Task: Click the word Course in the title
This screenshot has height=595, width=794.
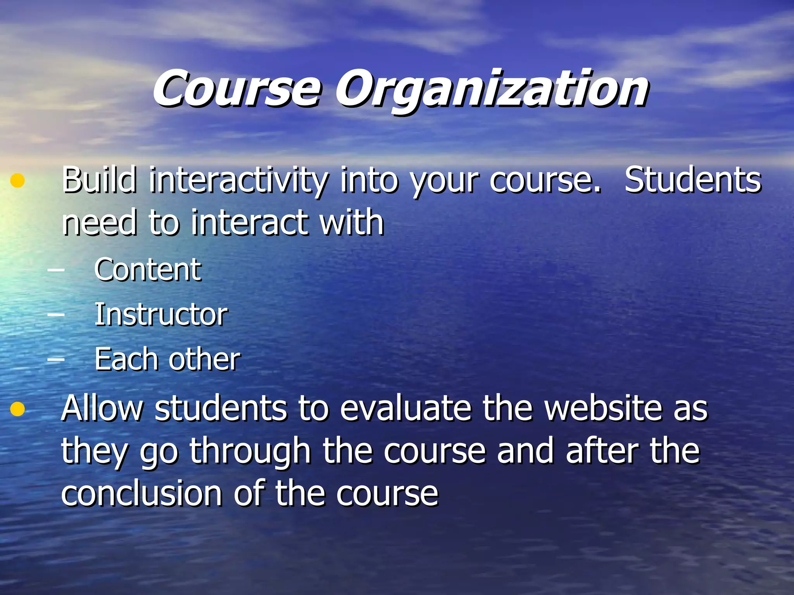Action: pyautogui.click(x=236, y=90)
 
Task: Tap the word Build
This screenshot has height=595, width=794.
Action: pyautogui.click(x=99, y=180)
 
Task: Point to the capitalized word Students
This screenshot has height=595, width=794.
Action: pyautogui.click(x=692, y=180)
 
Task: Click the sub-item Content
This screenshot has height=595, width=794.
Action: pyautogui.click(x=148, y=270)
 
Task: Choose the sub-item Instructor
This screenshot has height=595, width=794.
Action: pyautogui.click(x=161, y=314)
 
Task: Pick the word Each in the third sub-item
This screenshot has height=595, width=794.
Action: pyautogui.click(x=126, y=359)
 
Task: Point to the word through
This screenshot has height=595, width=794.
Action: pyautogui.click(x=250, y=452)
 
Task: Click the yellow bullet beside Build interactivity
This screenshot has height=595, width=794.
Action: pyautogui.click(x=17, y=181)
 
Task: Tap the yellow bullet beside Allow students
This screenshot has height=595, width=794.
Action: pyautogui.click(x=17, y=409)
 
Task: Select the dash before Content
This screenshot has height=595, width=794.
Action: pyautogui.click(x=56, y=270)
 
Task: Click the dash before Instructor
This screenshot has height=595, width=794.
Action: pyautogui.click(x=56, y=314)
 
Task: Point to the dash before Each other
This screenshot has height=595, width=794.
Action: pyautogui.click(x=56, y=359)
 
